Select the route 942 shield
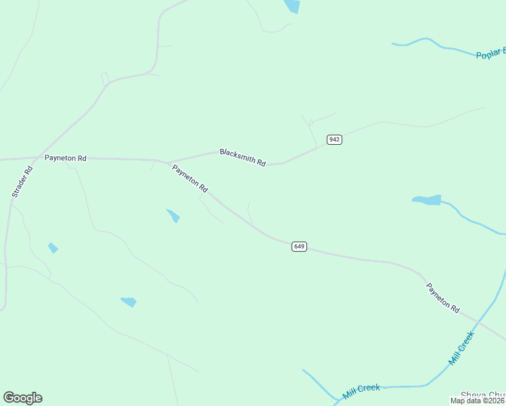coord(334,139)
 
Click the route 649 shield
coord(300,246)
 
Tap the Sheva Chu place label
coord(482,394)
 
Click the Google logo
coord(22,398)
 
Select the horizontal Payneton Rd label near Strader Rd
coord(66,158)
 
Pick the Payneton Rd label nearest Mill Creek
coord(443,298)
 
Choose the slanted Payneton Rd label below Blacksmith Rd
coord(189,180)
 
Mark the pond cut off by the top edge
coord(292,6)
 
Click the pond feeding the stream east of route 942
coord(428,200)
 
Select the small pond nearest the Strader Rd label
coord(53,248)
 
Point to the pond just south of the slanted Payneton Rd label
coord(174,216)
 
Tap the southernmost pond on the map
coord(129,302)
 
